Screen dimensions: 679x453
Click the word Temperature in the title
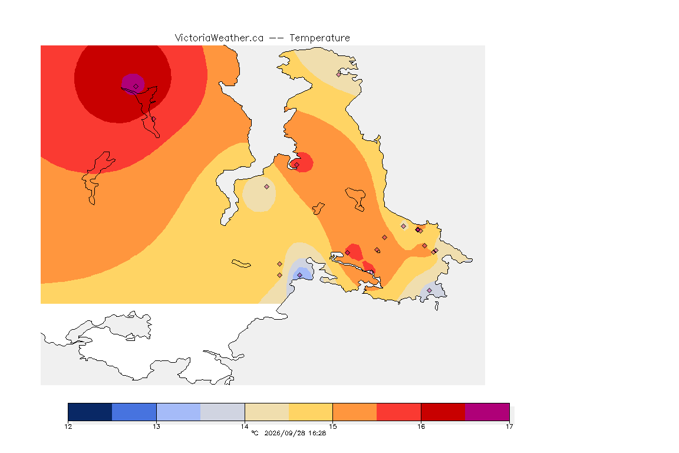(x=319, y=38)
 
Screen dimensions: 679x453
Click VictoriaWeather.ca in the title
(x=219, y=38)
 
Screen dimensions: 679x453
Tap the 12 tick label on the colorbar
(x=68, y=426)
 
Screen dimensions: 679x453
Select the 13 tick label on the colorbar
(x=156, y=426)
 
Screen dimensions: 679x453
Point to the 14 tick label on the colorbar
(x=245, y=426)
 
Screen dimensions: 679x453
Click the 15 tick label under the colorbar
(x=332, y=426)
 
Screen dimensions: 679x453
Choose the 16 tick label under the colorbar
(x=421, y=426)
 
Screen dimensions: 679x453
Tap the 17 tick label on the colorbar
(x=509, y=426)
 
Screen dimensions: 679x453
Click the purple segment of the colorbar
(x=487, y=412)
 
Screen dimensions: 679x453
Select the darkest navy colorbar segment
(x=90, y=412)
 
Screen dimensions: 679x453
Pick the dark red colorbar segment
(x=443, y=412)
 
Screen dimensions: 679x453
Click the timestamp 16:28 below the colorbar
(x=317, y=433)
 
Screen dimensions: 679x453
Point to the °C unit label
(x=255, y=433)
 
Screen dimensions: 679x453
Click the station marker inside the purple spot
(x=136, y=87)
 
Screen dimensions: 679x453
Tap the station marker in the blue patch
(x=299, y=275)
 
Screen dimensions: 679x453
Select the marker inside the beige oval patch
(x=267, y=187)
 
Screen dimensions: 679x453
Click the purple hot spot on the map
(x=133, y=83)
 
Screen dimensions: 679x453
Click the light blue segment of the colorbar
(x=179, y=412)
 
